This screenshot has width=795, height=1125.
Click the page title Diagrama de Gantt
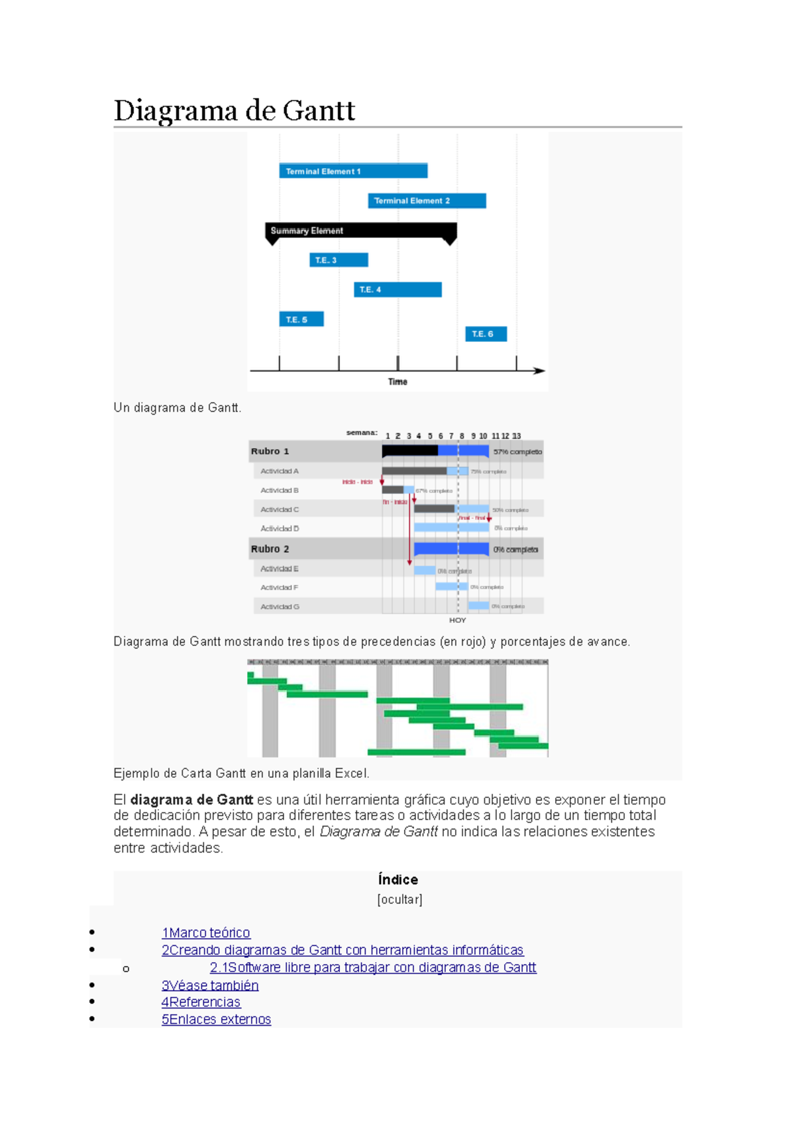(x=235, y=110)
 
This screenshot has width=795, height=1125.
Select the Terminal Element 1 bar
(x=353, y=171)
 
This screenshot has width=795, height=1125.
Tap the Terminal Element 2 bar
(x=427, y=201)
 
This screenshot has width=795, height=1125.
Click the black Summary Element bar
(x=361, y=231)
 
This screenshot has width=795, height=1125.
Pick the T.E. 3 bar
(x=339, y=260)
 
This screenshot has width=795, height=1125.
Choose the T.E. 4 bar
(x=397, y=290)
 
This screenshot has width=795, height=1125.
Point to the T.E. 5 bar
(x=301, y=319)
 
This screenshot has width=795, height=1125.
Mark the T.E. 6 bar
(x=486, y=334)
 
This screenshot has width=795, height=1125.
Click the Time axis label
(x=397, y=382)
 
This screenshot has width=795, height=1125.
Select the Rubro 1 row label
(x=270, y=451)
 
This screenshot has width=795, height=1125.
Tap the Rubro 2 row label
(x=270, y=549)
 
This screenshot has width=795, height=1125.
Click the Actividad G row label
(x=280, y=607)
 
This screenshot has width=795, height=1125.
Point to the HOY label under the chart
(x=458, y=621)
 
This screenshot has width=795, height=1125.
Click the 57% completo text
(x=517, y=452)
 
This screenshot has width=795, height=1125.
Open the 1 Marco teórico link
(x=206, y=933)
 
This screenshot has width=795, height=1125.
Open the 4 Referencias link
(x=201, y=1002)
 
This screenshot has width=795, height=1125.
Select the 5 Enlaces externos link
(x=217, y=1020)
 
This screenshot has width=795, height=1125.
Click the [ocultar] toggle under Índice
(x=399, y=900)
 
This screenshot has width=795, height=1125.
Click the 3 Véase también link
(x=210, y=985)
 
